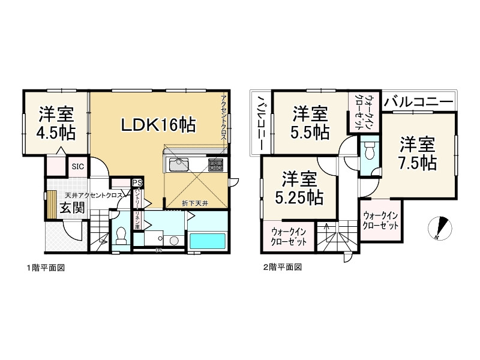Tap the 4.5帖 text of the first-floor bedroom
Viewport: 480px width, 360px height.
[58, 133]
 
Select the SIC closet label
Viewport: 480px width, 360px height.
[78, 167]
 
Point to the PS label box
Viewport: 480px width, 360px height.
[137, 183]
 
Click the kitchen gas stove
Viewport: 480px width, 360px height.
[215, 164]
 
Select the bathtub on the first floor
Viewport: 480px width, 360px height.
[207, 241]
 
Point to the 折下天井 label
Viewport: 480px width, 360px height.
[195, 203]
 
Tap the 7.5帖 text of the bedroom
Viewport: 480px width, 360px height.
[418, 161]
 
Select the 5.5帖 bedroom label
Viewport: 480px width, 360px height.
[310, 130]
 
